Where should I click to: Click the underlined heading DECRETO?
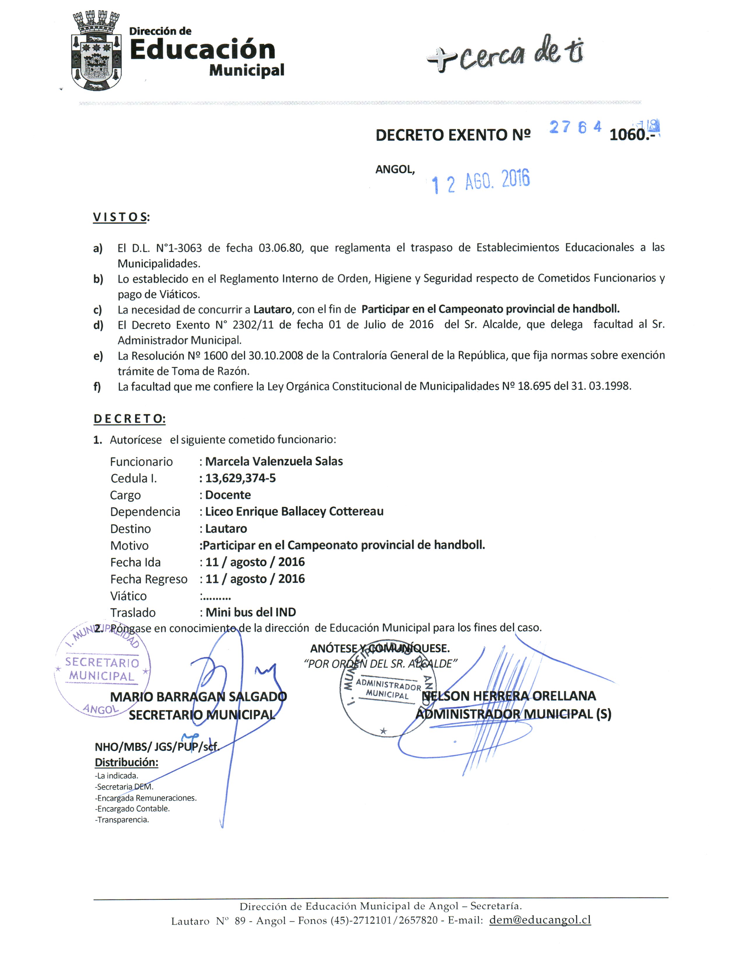[129, 419]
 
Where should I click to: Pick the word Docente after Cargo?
[228, 495]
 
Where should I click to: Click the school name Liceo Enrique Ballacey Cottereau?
[294, 512]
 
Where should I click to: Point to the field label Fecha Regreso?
[149, 579]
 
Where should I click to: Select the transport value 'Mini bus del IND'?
[251, 613]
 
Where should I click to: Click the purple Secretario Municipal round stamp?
[102, 669]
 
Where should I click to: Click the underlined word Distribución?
[126, 762]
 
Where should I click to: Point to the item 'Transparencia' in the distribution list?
[123, 820]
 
